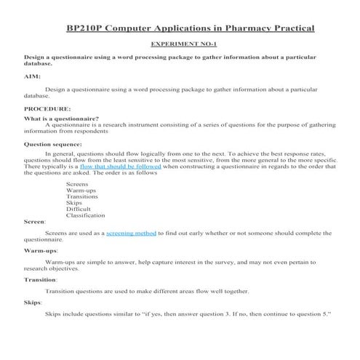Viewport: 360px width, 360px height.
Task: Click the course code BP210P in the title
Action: point(83,28)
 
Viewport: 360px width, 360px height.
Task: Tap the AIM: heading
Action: point(32,75)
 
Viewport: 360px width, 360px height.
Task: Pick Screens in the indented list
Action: point(77,184)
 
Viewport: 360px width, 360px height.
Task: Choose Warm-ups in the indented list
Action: point(81,191)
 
